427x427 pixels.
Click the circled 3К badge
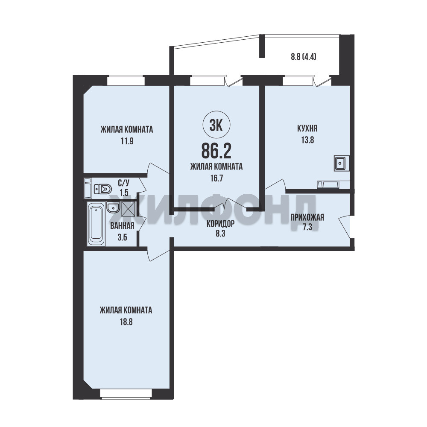coord(216,125)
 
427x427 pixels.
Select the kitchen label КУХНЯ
coord(307,128)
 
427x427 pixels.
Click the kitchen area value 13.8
coord(307,140)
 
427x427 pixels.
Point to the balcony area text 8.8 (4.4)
coord(303,57)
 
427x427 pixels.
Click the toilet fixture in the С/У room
coord(102,189)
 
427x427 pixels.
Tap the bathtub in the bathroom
coord(96,224)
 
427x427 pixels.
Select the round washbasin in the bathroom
coord(112,208)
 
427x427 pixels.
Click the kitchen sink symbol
coord(340,164)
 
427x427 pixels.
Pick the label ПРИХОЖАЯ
coord(307,218)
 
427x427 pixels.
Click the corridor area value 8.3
coord(220,234)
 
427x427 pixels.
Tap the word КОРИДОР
coord(220,224)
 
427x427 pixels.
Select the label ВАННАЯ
coord(122,226)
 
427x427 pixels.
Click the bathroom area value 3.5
coord(122,237)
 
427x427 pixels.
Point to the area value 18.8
coord(126,322)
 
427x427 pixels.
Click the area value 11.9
coord(127,141)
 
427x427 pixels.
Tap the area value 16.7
coord(216,178)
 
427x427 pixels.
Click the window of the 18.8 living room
coord(126,394)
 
